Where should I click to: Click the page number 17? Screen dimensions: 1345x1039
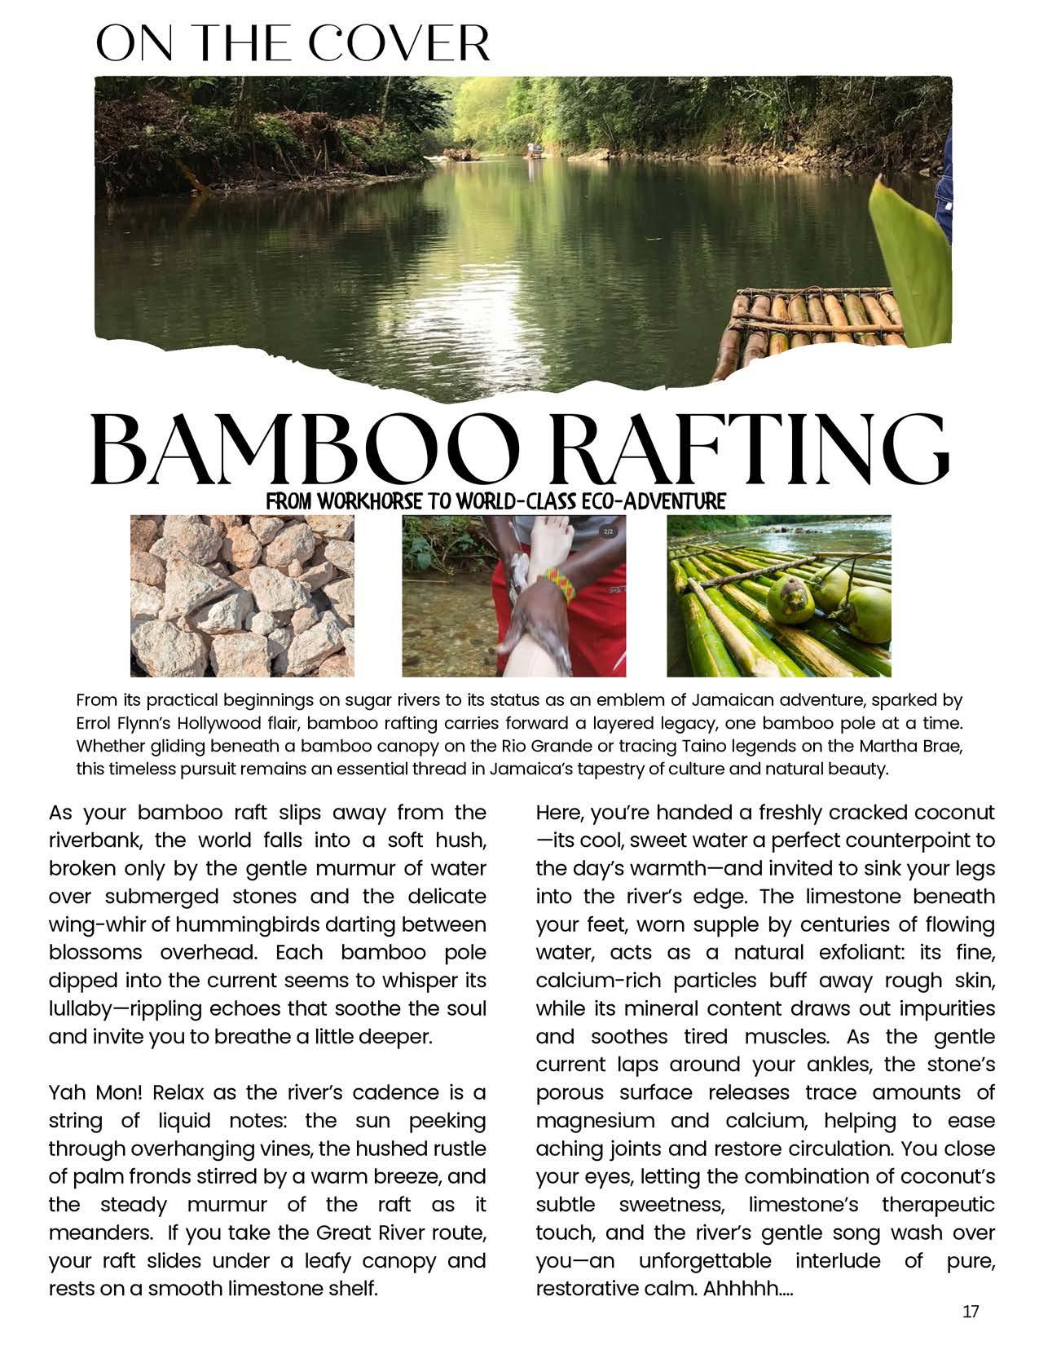click(x=970, y=1312)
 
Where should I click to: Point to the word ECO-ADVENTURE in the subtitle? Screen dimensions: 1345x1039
click(x=657, y=501)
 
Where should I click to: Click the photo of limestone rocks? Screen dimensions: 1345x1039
click(x=242, y=596)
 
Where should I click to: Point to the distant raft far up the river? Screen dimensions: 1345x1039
click(x=534, y=149)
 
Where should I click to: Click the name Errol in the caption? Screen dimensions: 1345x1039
click(x=95, y=723)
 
